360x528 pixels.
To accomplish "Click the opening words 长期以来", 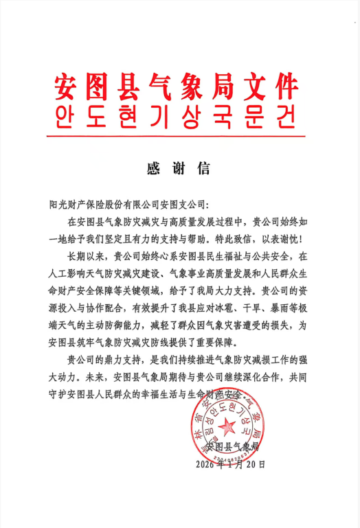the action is click(x=85, y=257).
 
